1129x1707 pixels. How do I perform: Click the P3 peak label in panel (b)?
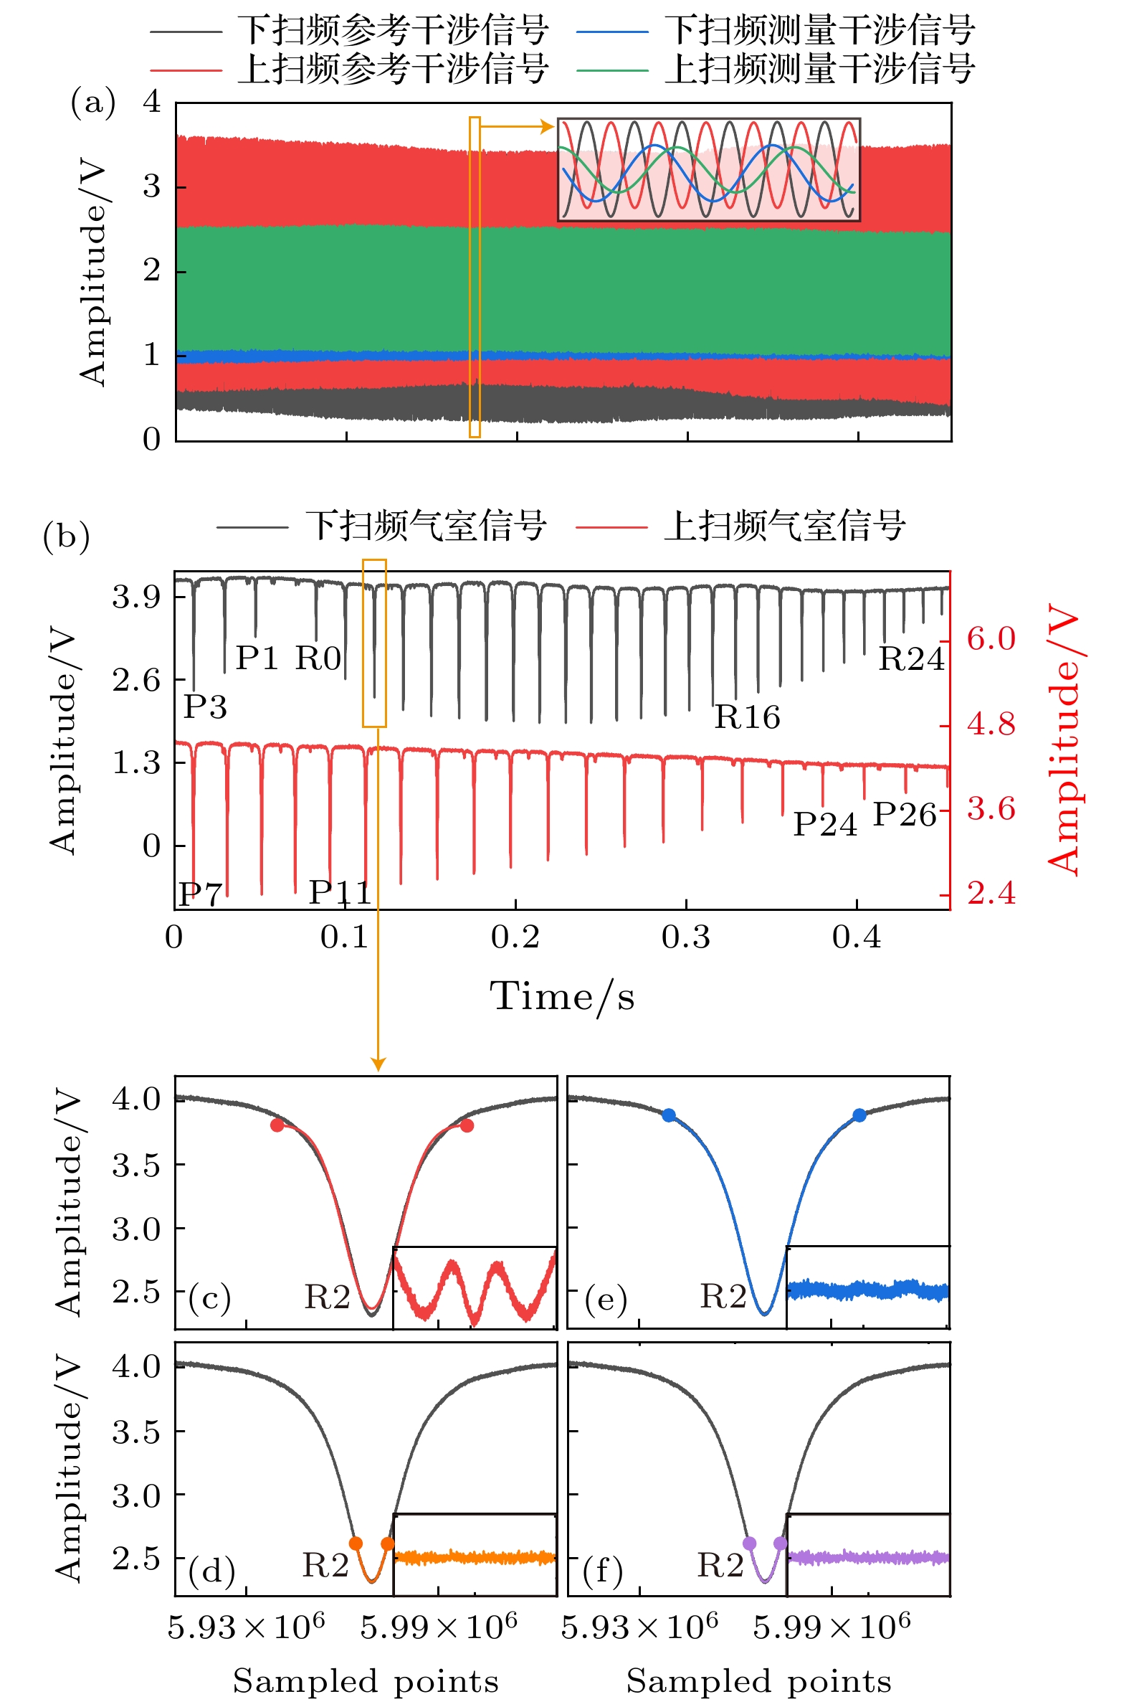click(x=205, y=707)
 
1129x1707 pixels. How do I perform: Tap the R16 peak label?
click(x=748, y=717)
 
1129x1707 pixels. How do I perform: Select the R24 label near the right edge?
click(x=911, y=659)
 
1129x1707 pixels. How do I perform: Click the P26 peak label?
click(x=905, y=815)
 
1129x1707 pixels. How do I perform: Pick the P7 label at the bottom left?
click(x=200, y=894)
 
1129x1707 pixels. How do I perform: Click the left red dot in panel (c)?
click(x=277, y=1125)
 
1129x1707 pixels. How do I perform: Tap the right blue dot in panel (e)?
click(x=859, y=1115)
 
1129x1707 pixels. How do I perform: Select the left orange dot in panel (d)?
click(x=356, y=1543)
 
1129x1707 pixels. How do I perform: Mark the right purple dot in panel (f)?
click(x=781, y=1543)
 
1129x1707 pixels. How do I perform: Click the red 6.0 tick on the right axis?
click(x=991, y=639)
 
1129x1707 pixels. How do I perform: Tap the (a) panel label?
click(x=93, y=103)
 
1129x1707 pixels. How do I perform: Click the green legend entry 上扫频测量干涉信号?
click(x=819, y=70)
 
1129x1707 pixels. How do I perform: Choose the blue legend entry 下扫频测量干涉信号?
click(x=819, y=31)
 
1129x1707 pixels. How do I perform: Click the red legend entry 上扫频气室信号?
click(x=784, y=526)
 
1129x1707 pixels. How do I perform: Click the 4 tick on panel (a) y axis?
click(x=152, y=103)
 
